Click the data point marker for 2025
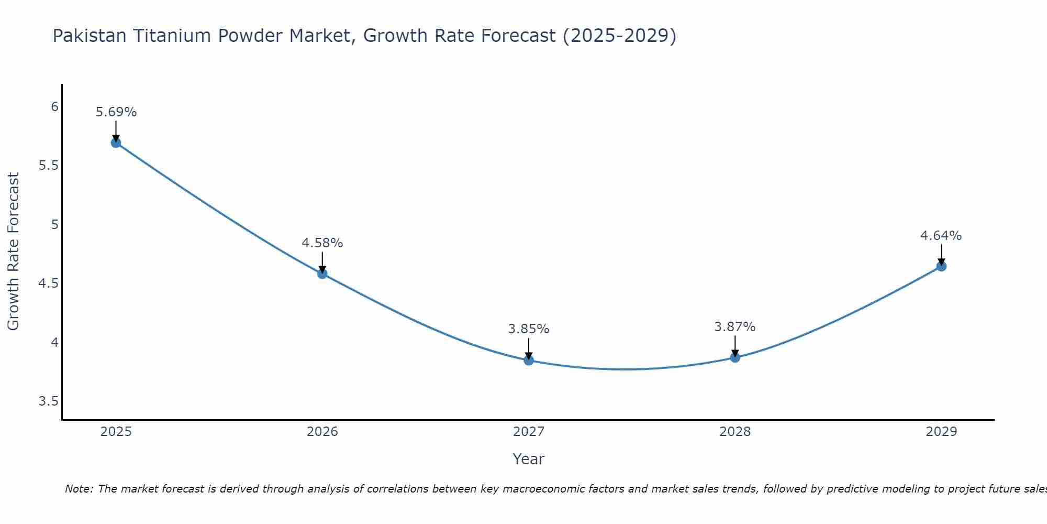[x=116, y=143]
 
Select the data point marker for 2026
[x=322, y=274]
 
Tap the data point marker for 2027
[x=529, y=360]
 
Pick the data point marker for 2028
[x=735, y=357]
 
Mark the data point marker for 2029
[x=941, y=266]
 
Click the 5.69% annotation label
[x=116, y=112]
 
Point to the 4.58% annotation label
[x=322, y=243]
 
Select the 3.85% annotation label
[x=529, y=329]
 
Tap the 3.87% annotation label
[x=735, y=327]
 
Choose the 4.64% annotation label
[x=941, y=236]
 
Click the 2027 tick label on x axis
[x=529, y=432]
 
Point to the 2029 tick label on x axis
[x=941, y=432]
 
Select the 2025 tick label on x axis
[x=116, y=432]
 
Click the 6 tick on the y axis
[x=54, y=107]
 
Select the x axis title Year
[x=529, y=459]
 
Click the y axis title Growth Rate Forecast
[x=13, y=252]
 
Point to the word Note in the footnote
[x=79, y=489]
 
